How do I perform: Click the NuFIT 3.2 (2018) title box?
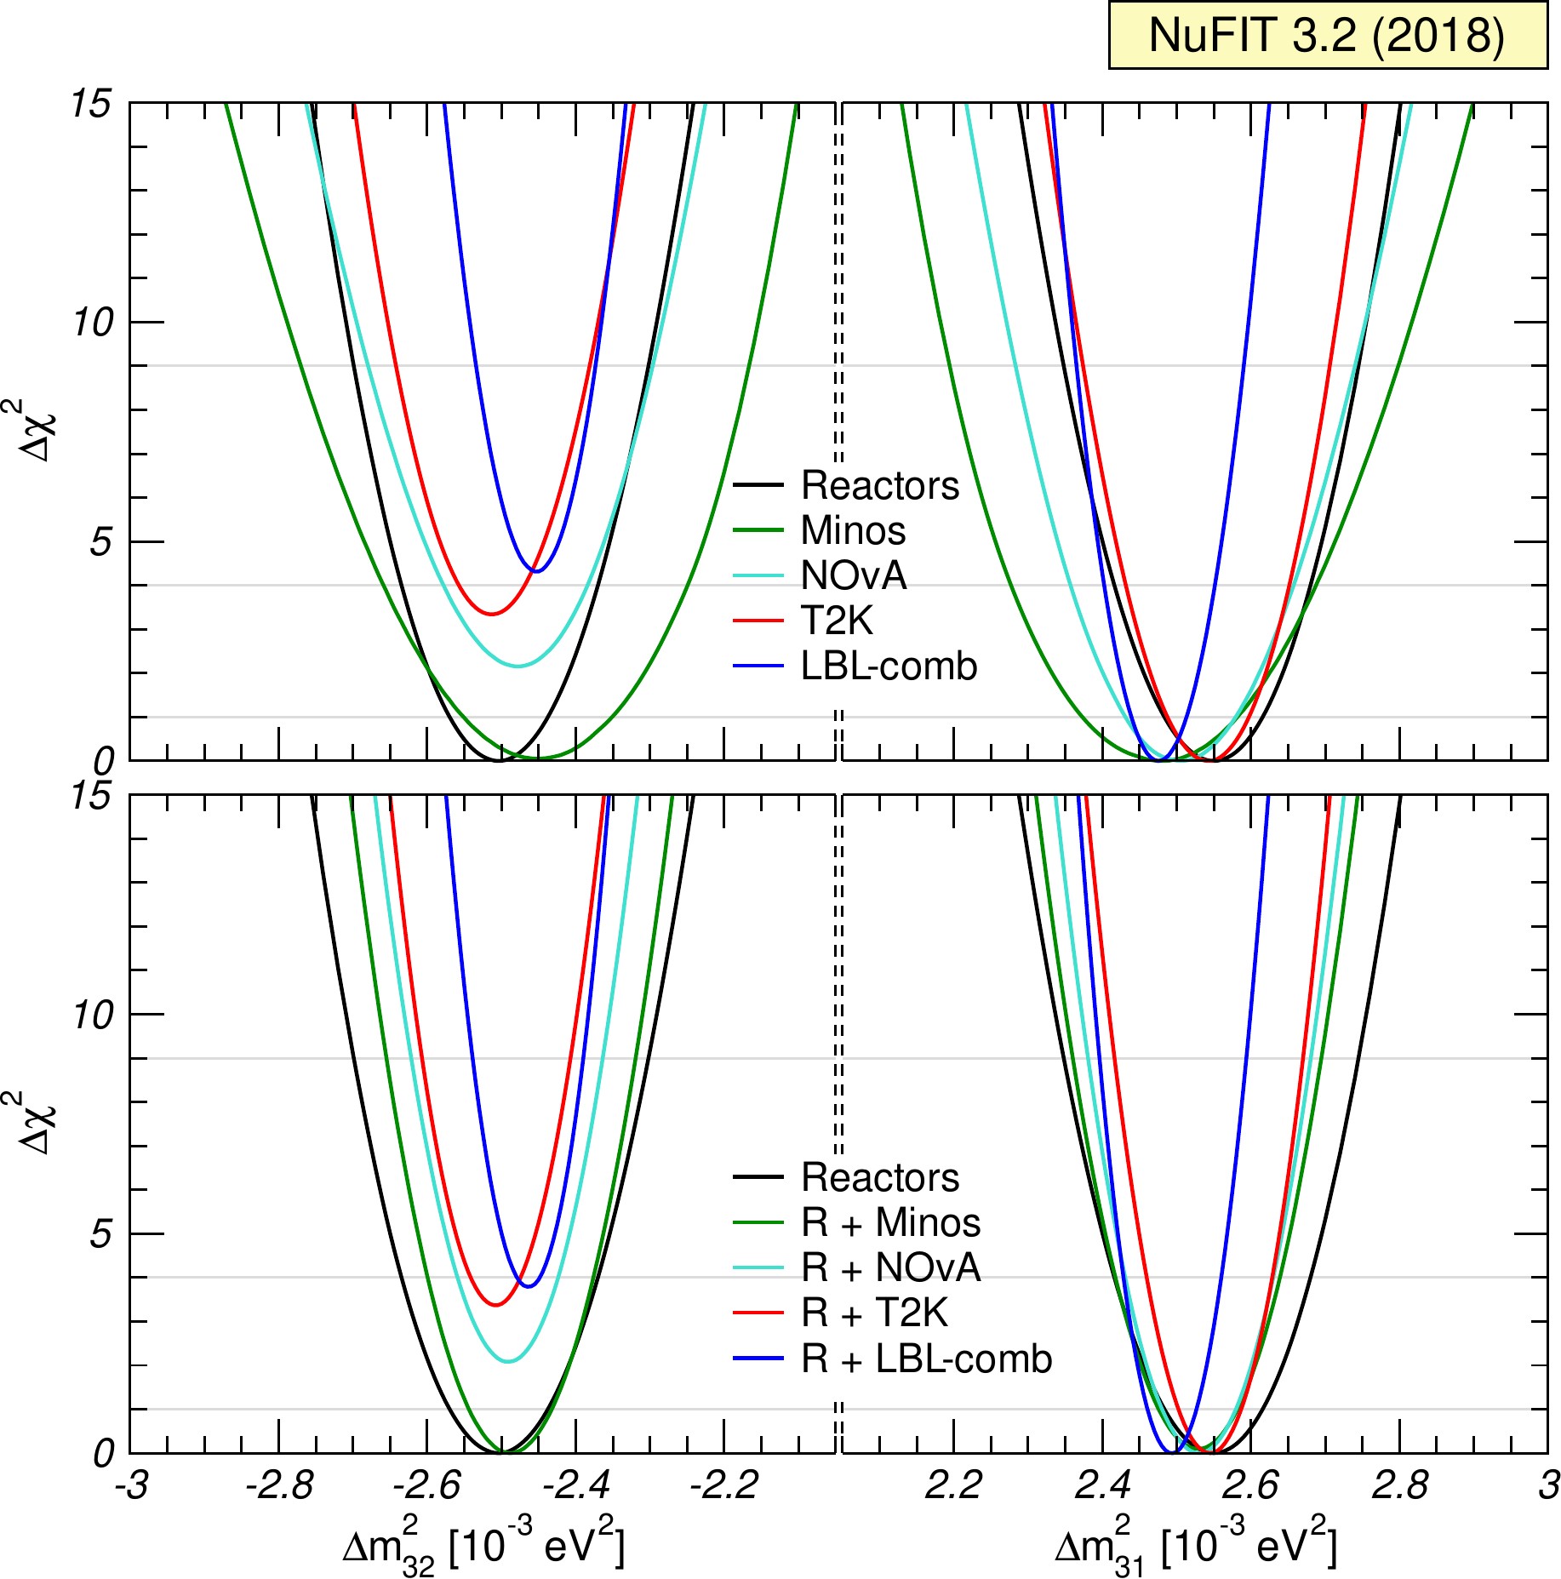(x=1328, y=36)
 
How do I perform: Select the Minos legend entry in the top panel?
(x=853, y=530)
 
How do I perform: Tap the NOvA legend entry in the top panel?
(x=854, y=575)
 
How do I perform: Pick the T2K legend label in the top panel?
(x=837, y=621)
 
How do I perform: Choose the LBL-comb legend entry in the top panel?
(x=889, y=666)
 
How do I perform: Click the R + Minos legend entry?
(x=890, y=1223)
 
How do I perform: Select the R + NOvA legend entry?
(x=890, y=1268)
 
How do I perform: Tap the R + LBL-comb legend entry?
(x=926, y=1359)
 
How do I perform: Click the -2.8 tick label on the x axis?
(x=278, y=1485)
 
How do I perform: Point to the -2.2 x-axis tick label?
(x=724, y=1485)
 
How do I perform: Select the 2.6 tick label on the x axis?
(x=1249, y=1485)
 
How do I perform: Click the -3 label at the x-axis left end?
(x=131, y=1485)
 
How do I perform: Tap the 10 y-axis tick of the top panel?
(x=93, y=323)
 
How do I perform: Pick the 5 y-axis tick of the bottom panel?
(x=101, y=1234)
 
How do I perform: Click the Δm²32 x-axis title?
(x=483, y=1544)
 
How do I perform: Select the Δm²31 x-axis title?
(x=1195, y=1544)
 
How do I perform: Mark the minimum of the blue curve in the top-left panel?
(x=536, y=571)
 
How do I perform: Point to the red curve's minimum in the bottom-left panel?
(x=496, y=1305)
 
